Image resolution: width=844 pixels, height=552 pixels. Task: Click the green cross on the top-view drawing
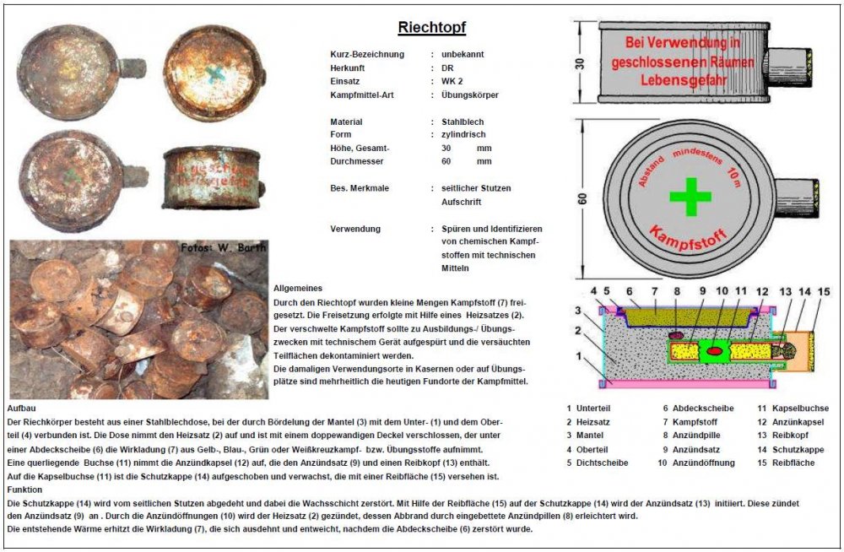(x=690, y=198)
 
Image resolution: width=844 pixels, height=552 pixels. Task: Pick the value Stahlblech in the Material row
(x=463, y=122)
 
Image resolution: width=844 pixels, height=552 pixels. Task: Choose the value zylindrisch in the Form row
(x=464, y=134)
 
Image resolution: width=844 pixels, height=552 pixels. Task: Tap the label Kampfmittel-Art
(x=367, y=95)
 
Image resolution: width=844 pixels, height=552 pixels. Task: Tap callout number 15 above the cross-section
(x=824, y=292)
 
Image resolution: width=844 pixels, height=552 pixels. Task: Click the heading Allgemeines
(x=297, y=289)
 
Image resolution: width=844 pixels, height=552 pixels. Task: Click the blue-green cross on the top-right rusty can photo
(x=214, y=73)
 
